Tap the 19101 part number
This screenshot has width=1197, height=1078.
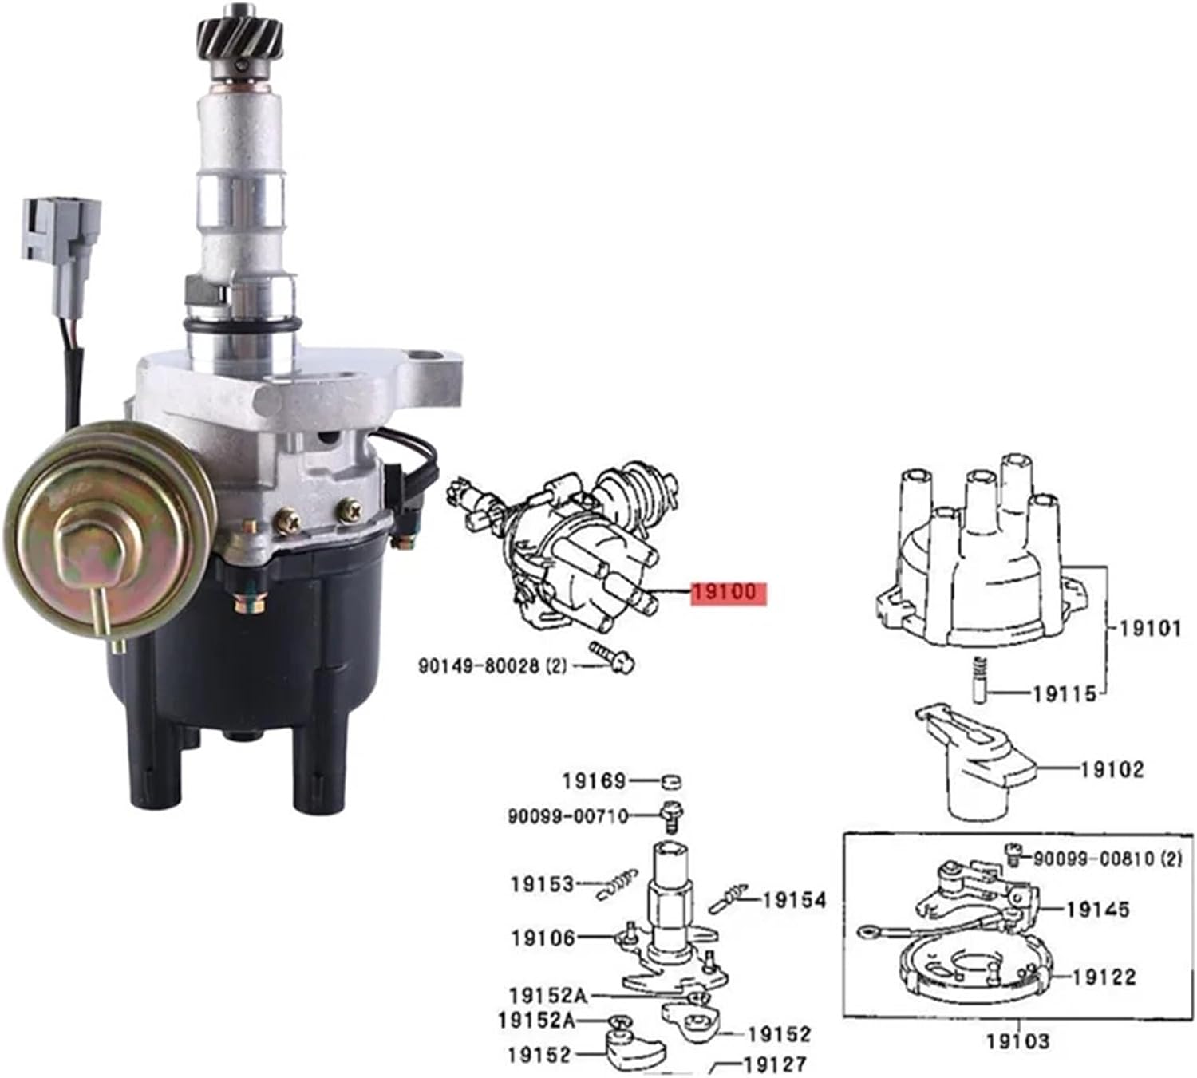pyautogui.click(x=1150, y=628)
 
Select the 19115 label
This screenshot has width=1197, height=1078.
pyautogui.click(x=1065, y=694)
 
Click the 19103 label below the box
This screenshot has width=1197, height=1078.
pyautogui.click(x=1017, y=1040)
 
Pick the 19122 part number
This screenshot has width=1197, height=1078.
pyautogui.click(x=1104, y=977)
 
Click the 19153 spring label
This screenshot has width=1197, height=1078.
pyautogui.click(x=543, y=884)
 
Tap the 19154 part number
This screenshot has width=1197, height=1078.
pyautogui.click(x=794, y=900)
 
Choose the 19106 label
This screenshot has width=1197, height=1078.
pyautogui.click(x=543, y=938)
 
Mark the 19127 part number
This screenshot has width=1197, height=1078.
pyautogui.click(x=774, y=1064)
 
